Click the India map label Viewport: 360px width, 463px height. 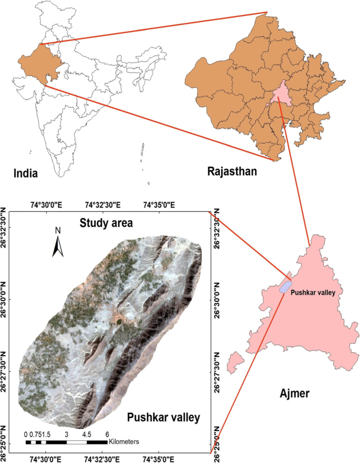(26, 173)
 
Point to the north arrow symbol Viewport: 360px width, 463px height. (58, 246)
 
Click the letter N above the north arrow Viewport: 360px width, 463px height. (58, 230)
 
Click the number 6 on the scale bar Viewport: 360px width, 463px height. (107, 435)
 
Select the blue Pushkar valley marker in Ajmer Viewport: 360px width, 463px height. (285, 286)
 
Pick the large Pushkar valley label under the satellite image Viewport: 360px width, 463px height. (163, 418)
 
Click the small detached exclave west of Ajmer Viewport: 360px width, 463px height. (236, 361)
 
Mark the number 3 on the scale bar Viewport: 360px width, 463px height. (66, 435)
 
